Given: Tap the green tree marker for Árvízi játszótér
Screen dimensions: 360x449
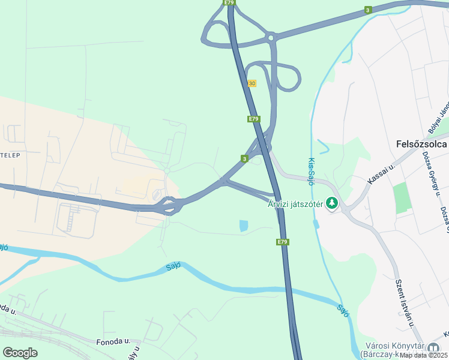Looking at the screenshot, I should [331, 204].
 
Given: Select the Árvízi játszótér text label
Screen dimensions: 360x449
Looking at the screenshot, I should [295, 204].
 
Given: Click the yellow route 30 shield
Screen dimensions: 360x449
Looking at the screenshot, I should [252, 83].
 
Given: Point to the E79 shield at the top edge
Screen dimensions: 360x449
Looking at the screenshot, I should [229, 3].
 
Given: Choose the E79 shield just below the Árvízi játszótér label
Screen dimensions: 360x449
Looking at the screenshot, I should [283, 242].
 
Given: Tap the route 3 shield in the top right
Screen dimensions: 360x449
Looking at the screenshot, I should [367, 10].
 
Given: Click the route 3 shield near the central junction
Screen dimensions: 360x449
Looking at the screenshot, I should [244, 158].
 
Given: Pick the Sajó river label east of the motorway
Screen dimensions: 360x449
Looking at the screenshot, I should [343, 311].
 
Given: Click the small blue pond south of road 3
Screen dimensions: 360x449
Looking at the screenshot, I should [243, 226].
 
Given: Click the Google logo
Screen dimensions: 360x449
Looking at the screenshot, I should [20, 353].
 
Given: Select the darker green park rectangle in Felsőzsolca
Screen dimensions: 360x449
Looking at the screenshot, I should [403, 198].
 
